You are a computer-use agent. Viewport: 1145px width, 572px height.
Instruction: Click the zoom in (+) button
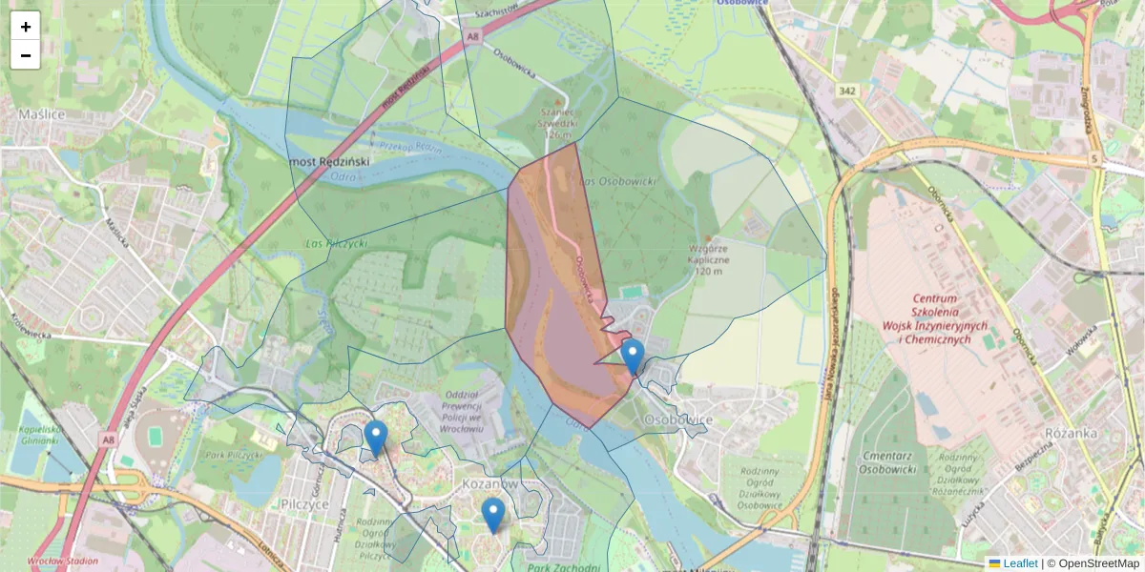(x=26, y=27)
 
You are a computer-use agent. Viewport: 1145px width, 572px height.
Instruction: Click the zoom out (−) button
(x=26, y=55)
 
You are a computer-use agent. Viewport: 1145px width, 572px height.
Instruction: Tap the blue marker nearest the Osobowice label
(x=632, y=357)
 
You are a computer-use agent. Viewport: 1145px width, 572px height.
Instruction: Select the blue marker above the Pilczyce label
(x=376, y=439)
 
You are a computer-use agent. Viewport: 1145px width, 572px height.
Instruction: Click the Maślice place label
(x=40, y=114)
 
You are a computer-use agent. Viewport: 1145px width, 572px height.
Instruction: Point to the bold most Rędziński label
(x=330, y=161)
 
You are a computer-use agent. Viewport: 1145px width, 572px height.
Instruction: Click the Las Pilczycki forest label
(x=335, y=244)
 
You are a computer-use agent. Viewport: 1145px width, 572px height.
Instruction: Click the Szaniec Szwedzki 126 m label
(x=557, y=121)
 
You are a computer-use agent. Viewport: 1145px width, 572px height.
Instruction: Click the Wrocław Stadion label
(x=63, y=562)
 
